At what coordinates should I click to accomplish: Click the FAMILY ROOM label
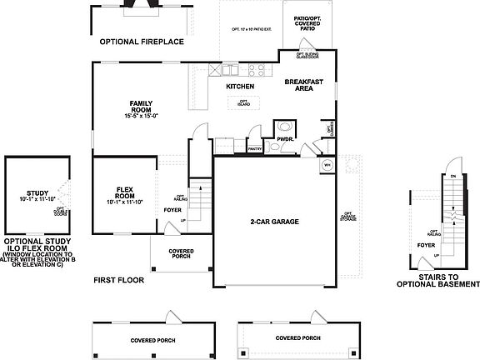pos(141,106)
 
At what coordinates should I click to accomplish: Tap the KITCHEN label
pos(240,87)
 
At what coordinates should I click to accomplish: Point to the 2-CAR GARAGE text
pos(274,222)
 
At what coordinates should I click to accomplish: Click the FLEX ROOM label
pos(126,191)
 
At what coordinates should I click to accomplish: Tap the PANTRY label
pos(255,149)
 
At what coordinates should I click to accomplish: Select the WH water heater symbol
pos(327,165)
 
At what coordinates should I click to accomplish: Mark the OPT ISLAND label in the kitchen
pos(244,102)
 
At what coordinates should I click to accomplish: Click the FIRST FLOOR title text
pos(118,281)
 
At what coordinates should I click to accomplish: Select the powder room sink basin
pos(285,128)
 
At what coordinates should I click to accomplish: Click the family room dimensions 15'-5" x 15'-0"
pos(141,116)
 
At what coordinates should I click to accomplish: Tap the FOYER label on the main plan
pos(172,210)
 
